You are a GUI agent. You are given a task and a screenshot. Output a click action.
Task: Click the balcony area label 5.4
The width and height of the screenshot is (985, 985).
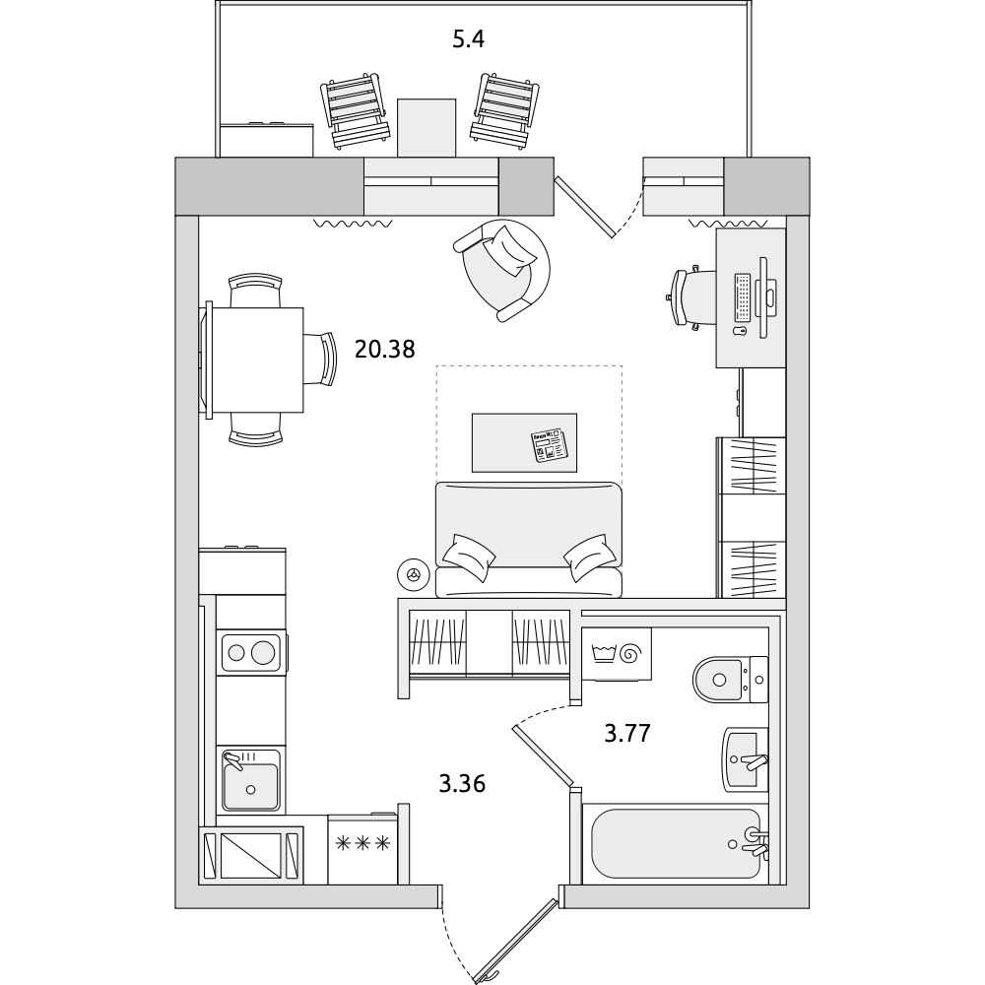[x=469, y=39]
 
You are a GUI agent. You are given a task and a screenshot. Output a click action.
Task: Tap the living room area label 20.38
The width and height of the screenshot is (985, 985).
[x=384, y=349]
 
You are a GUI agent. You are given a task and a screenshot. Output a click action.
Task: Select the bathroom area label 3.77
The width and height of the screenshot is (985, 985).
[x=626, y=733]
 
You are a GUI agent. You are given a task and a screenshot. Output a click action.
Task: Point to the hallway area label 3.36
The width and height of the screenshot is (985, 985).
[x=462, y=784]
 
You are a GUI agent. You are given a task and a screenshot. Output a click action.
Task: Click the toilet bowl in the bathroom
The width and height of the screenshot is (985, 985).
[x=730, y=679]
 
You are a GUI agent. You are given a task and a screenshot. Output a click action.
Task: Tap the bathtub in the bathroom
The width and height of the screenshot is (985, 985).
[x=676, y=844]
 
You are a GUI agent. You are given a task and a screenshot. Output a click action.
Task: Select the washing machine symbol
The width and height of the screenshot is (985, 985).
[x=617, y=654]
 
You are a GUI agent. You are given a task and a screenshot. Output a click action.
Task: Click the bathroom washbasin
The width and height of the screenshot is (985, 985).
[x=745, y=759]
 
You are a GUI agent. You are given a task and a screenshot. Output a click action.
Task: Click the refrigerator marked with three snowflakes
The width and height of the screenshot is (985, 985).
[x=362, y=849]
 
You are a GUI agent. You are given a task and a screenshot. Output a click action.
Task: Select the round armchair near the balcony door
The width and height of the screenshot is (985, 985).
[x=501, y=270]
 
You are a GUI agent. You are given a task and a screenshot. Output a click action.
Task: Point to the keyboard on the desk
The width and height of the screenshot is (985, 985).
[x=743, y=295]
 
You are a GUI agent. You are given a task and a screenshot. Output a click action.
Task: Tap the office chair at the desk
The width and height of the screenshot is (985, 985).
[x=691, y=297]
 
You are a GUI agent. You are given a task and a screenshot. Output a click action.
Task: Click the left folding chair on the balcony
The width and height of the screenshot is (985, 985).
[x=355, y=110]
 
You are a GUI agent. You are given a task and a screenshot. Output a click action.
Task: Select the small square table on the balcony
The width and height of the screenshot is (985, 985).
[x=426, y=127]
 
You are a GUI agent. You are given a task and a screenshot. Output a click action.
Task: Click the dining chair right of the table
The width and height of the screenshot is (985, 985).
[x=320, y=359]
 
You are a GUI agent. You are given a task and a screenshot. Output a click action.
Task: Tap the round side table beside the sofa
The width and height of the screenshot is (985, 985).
[x=414, y=574]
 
